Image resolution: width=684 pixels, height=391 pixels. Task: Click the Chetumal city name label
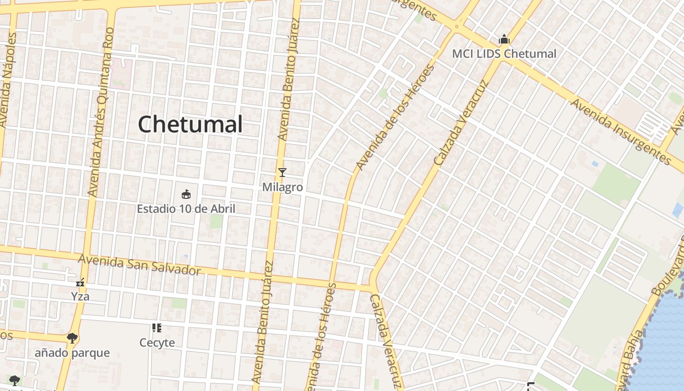[x=190, y=124]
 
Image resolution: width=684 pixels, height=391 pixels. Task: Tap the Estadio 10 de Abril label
[x=186, y=209]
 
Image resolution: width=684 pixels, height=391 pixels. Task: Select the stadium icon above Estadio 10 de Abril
[x=186, y=195]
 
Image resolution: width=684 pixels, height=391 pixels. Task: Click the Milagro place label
[x=282, y=187]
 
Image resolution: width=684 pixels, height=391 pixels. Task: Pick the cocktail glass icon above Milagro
[x=282, y=173]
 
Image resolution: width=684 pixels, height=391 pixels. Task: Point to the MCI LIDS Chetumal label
[x=504, y=54]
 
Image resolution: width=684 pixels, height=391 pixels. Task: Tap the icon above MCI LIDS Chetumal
[x=504, y=39]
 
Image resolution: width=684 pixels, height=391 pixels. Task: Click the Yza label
[x=80, y=297]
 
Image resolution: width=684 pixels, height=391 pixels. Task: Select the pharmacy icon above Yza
[x=80, y=282]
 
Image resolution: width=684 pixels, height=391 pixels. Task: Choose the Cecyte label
[x=157, y=343]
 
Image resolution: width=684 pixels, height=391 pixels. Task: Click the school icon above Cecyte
[x=157, y=328]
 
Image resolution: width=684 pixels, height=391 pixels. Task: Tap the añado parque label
[x=72, y=353]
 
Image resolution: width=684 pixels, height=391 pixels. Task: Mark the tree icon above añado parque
[x=72, y=338]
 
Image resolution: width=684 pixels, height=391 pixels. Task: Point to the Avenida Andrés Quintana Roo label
[x=101, y=112]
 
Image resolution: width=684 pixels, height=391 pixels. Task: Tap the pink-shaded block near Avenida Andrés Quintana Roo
[x=121, y=73]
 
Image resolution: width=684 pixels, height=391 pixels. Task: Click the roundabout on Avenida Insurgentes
[x=456, y=27]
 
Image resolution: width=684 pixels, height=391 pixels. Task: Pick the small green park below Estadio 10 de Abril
[x=216, y=221]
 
